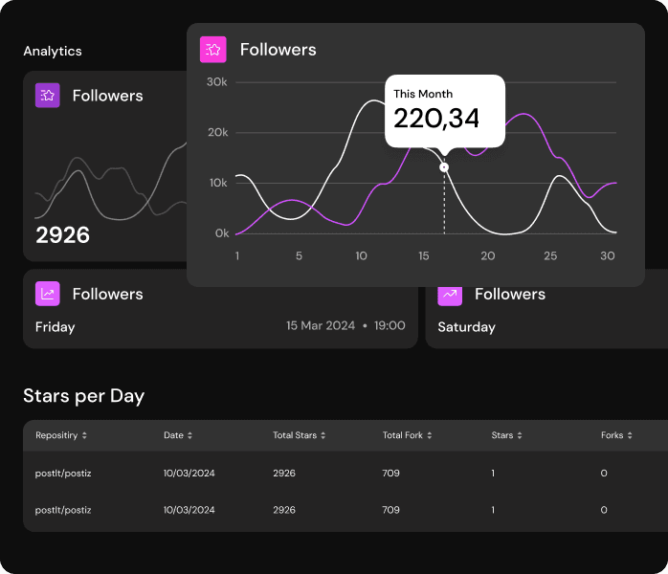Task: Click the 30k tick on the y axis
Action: point(218,82)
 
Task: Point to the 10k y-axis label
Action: point(218,183)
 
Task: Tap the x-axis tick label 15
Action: point(424,256)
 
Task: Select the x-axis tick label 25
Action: point(550,256)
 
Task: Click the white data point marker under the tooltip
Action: point(444,167)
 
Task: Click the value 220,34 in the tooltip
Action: point(436,119)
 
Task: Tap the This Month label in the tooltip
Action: point(423,94)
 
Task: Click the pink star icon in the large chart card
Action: point(212,49)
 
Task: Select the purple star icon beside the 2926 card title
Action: point(48,95)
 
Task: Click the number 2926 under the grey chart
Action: point(63,235)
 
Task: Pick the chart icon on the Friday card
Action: point(48,294)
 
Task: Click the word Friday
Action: point(56,327)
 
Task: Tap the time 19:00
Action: point(390,326)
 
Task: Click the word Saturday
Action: point(466,327)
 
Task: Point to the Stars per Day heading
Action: point(84,396)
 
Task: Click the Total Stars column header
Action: point(295,435)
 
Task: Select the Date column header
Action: point(173,435)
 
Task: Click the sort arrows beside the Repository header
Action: point(85,435)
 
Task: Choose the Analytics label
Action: point(53,51)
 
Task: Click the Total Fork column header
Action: point(403,435)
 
